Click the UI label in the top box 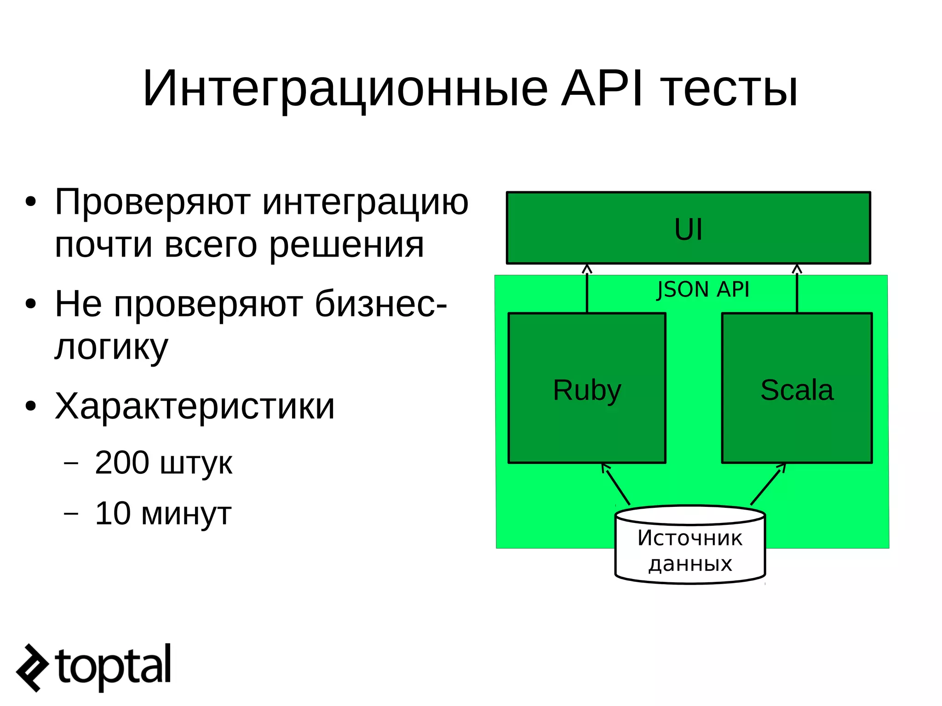pos(688,229)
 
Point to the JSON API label pos(703,290)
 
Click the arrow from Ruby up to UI pos(587,290)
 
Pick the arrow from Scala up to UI pos(797,290)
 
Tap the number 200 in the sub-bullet pos(122,463)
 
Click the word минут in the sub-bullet pos(186,514)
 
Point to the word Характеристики pos(195,407)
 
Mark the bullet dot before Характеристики pos(31,407)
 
